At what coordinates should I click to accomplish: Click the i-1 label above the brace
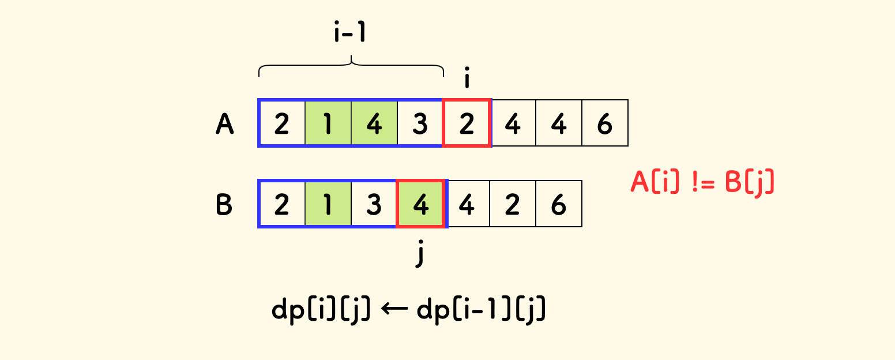pos(350,33)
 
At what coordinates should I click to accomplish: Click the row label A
pos(225,123)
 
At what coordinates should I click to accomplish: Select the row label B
pos(224,205)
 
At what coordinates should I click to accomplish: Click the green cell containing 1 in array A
pos(328,123)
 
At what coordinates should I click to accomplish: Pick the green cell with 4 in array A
pos(374,123)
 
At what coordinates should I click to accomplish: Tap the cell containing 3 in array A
pos(420,123)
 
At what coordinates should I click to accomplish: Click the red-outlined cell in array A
pos(467,123)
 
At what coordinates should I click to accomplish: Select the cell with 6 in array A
pos(605,123)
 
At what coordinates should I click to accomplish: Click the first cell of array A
pos(282,123)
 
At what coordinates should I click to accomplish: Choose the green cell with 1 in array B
pos(328,204)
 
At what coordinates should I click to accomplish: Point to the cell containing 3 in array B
pos(374,204)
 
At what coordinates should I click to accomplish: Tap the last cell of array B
pos(559,204)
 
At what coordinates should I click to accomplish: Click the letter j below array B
pos(420,254)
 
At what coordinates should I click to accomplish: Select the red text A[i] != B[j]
pos(702,182)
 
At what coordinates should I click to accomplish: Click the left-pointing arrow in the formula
pos(394,312)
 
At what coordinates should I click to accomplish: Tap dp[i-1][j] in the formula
pos(481,312)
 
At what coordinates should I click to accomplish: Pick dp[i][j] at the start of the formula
pos(321,312)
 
